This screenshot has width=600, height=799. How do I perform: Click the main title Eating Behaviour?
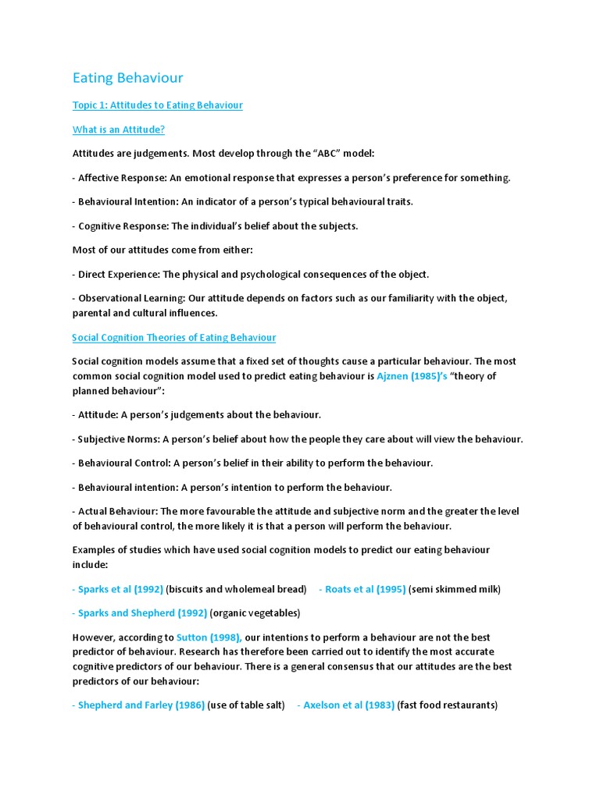(127, 78)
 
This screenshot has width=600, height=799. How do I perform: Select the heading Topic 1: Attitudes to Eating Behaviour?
(157, 105)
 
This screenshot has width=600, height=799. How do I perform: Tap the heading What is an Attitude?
(118, 130)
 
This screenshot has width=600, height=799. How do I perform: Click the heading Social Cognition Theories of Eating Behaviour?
(173, 338)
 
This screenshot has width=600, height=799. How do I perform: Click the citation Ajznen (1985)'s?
(412, 376)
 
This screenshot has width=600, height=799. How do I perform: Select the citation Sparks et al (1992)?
(120, 589)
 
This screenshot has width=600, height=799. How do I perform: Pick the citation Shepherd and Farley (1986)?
(141, 705)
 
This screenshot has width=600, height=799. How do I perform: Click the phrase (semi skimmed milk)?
(454, 589)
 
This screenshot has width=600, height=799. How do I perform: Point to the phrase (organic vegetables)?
(255, 613)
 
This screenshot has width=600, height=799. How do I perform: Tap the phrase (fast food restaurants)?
(447, 705)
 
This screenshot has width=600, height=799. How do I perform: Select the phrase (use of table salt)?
(246, 705)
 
